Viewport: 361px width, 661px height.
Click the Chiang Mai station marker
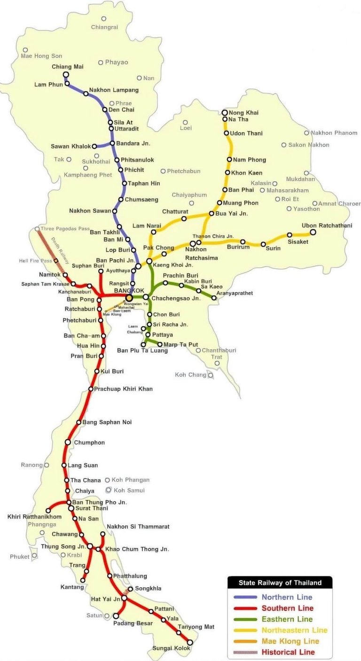tap(66, 75)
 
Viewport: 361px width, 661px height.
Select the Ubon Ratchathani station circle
tap(313, 232)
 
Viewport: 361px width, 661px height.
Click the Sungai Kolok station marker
tap(190, 642)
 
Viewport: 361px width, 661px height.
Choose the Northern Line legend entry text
tap(287, 598)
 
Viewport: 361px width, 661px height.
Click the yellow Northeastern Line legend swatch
tap(245, 630)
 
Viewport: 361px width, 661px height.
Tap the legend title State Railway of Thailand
tap(280, 583)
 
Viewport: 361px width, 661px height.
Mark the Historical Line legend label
tap(288, 652)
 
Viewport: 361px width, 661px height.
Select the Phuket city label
tap(19, 557)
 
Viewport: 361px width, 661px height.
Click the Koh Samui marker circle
tap(109, 490)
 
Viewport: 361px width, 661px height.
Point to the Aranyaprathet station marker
tap(214, 297)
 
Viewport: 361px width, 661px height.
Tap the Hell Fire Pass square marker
tap(56, 261)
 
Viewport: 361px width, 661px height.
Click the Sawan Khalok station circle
tap(94, 147)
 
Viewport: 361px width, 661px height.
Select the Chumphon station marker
tap(68, 443)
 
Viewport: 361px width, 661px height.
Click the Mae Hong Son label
tap(41, 56)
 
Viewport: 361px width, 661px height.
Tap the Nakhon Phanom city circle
tap(306, 133)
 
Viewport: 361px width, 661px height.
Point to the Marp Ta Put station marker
tap(160, 344)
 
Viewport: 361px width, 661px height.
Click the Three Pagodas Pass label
tap(65, 229)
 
